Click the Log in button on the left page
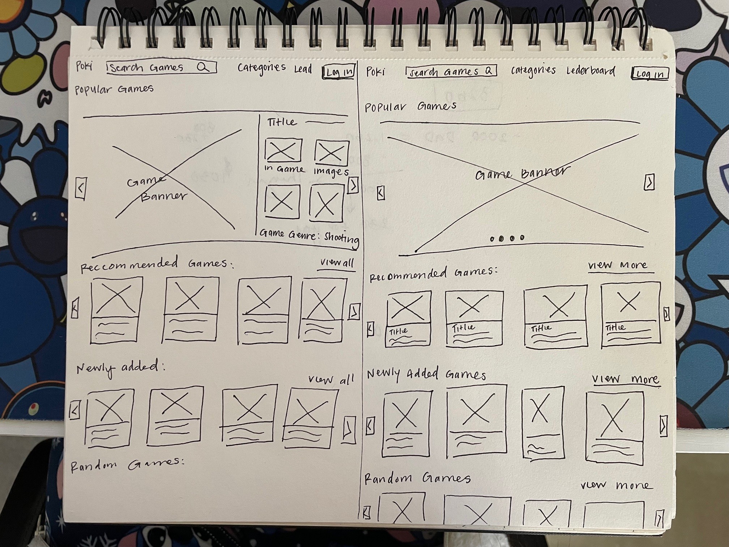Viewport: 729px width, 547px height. point(339,72)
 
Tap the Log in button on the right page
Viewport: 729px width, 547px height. point(649,73)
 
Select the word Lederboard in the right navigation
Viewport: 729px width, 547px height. point(591,71)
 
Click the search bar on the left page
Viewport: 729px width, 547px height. point(161,67)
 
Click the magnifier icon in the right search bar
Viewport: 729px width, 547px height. point(488,71)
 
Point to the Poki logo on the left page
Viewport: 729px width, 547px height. point(84,66)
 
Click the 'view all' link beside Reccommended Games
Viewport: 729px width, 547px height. point(337,263)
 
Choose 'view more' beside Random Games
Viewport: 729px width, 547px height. point(617,485)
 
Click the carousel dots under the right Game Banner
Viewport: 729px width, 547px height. point(507,238)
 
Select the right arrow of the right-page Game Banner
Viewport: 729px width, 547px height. point(649,182)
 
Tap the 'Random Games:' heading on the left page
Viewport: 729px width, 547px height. point(127,465)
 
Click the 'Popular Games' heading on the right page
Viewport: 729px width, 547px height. point(410,107)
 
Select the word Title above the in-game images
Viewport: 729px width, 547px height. point(281,122)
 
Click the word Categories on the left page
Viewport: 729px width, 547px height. point(261,68)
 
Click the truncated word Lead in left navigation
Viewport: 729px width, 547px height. point(303,69)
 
